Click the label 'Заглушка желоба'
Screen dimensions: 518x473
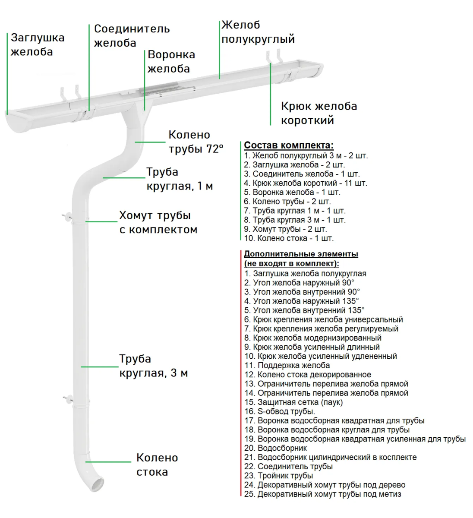click(38, 44)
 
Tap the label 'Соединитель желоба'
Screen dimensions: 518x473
click(132, 36)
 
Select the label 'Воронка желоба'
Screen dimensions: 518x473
click(171, 61)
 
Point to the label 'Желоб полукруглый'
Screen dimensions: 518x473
click(258, 32)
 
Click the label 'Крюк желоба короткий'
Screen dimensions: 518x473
click(318, 113)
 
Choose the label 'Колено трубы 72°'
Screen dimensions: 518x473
click(196, 142)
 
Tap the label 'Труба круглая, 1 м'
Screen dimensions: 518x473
click(179, 179)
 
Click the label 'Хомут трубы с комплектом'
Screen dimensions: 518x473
click(158, 222)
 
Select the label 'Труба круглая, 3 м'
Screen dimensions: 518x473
click(153, 366)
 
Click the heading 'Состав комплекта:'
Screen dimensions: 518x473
click(289, 145)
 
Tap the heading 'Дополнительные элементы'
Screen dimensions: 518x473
click(301, 254)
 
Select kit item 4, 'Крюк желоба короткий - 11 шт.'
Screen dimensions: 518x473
click(305, 183)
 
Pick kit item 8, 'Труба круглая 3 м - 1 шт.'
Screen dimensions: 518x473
click(294, 220)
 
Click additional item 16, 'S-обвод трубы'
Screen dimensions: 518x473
click(279, 411)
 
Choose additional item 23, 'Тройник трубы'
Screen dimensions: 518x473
click(278, 475)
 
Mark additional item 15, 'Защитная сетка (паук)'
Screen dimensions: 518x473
click(293, 402)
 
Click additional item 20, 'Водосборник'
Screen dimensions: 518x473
click(275, 448)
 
